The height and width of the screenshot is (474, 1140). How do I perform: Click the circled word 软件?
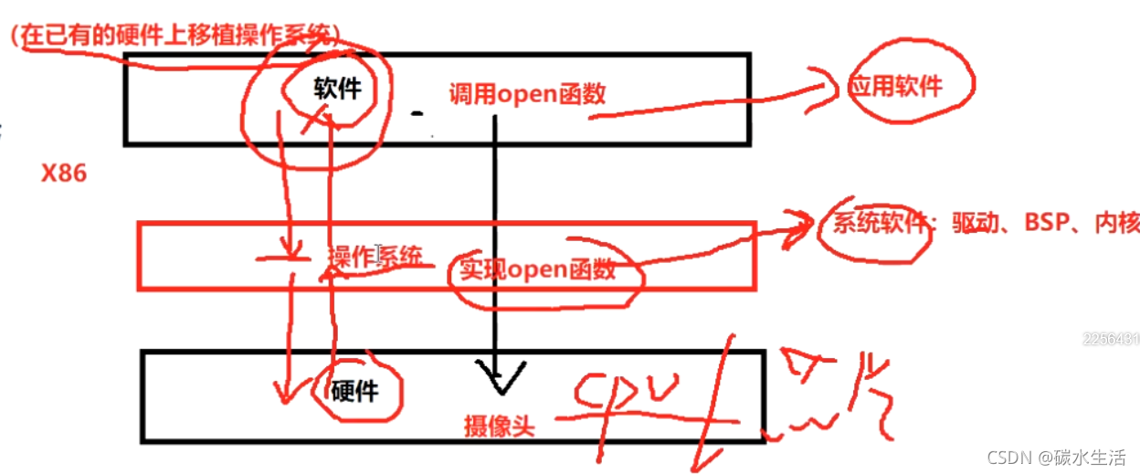coord(338,90)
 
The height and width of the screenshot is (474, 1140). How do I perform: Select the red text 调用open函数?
coord(527,93)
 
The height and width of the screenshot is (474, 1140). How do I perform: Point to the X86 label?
coord(64,174)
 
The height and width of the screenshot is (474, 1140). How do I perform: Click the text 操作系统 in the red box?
coord(375,257)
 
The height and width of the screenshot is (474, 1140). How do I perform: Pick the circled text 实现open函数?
coord(537,269)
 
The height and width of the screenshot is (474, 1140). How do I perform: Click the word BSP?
coord(1046,224)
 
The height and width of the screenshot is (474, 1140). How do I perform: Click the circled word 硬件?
coord(354,391)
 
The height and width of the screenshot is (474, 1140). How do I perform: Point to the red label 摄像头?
coord(499,426)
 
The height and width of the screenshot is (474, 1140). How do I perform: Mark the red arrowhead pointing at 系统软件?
coord(802,222)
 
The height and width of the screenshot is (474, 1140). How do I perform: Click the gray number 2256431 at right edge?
coord(1111,339)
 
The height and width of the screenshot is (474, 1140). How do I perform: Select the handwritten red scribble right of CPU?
coord(822,402)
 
